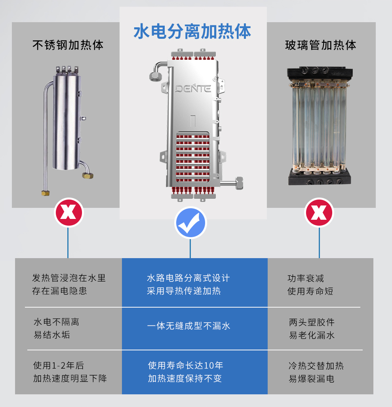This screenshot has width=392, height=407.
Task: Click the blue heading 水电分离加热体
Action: pyautogui.click(x=192, y=31)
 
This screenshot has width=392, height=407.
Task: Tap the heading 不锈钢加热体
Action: pyautogui.click(x=68, y=45)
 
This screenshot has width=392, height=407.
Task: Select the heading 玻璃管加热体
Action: pyautogui.click(x=321, y=45)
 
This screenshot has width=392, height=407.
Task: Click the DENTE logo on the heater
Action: pyautogui.click(x=193, y=89)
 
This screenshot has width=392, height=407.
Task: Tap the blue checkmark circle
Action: pyautogui.click(x=190, y=223)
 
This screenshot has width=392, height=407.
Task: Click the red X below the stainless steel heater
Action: pyautogui.click(x=69, y=212)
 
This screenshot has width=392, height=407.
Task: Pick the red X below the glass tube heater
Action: pyautogui.click(x=319, y=212)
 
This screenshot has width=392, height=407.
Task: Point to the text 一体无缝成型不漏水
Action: pyautogui.click(x=189, y=326)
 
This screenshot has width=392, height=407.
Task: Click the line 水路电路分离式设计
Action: pyautogui.click(x=188, y=278)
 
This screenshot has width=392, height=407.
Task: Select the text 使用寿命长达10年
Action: pyautogui.click(x=186, y=365)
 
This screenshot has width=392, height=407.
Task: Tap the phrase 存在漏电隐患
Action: pyautogui.click(x=59, y=291)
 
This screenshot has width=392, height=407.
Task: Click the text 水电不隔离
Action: pyautogui.click(x=56, y=322)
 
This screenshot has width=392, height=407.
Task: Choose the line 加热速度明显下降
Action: pyautogui.click(x=70, y=378)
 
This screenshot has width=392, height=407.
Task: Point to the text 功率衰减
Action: pyautogui.click(x=306, y=278)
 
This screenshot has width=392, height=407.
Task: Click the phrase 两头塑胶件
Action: pyautogui.click(x=312, y=322)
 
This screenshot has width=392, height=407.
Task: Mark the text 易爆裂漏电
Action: pyautogui.click(x=312, y=379)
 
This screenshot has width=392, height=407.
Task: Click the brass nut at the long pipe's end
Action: pyautogui.click(x=46, y=193)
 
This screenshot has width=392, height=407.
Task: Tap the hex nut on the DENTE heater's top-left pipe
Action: pyautogui.click(x=155, y=76)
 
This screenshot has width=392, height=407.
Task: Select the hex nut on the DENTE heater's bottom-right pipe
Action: pyautogui.click(x=239, y=183)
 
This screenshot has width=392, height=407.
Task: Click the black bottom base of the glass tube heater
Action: pyautogui.click(x=320, y=177)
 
